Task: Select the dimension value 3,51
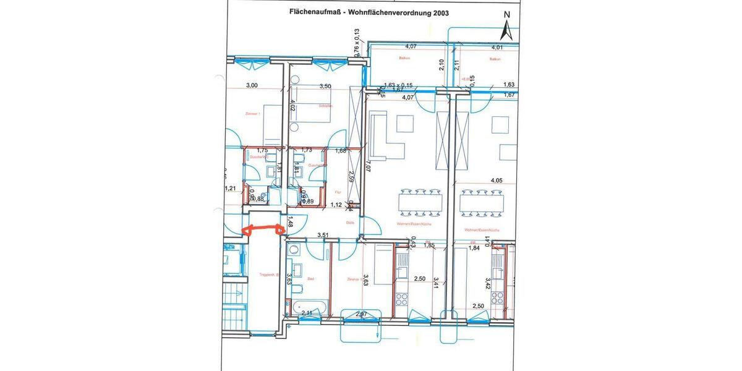click(322, 235)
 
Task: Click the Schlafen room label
click(325, 106)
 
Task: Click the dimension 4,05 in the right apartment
click(497, 181)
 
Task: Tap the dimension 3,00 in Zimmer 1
click(252, 87)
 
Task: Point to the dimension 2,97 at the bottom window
click(362, 315)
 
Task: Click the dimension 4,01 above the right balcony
click(497, 47)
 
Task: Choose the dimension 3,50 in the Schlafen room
click(325, 87)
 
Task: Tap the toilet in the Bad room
click(297, 289)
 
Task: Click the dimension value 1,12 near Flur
click(336, 205)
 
